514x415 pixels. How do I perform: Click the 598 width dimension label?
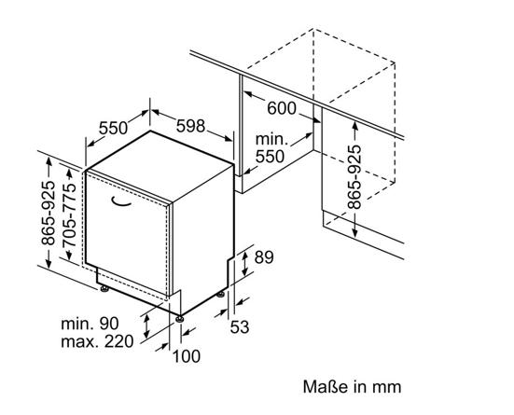point(191,126)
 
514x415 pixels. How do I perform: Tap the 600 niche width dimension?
point(282,108)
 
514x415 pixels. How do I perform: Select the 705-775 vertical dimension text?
point(69,215)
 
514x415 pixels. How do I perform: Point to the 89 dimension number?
point(264,257)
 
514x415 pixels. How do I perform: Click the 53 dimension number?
point(240,326)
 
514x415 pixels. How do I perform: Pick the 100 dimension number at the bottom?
point(187,356)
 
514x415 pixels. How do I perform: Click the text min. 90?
point(90,324)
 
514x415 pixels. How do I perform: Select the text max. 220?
point(97,341)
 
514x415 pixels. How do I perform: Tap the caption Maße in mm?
point(352,387)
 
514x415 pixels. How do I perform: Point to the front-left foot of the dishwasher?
point(104,289)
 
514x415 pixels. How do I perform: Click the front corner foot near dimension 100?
point(179,319)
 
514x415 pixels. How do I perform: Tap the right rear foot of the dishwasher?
point(220,295)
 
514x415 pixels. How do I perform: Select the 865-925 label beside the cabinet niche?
point(354,177)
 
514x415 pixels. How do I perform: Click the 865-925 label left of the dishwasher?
point(48,213)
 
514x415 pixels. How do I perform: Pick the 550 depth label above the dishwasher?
point(113,128)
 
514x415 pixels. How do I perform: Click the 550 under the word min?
point(270,157)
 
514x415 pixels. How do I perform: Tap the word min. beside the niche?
point(271,140)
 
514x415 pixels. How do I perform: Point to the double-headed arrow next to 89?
point(244,264)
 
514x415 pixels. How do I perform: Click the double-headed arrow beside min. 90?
point(146,325)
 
